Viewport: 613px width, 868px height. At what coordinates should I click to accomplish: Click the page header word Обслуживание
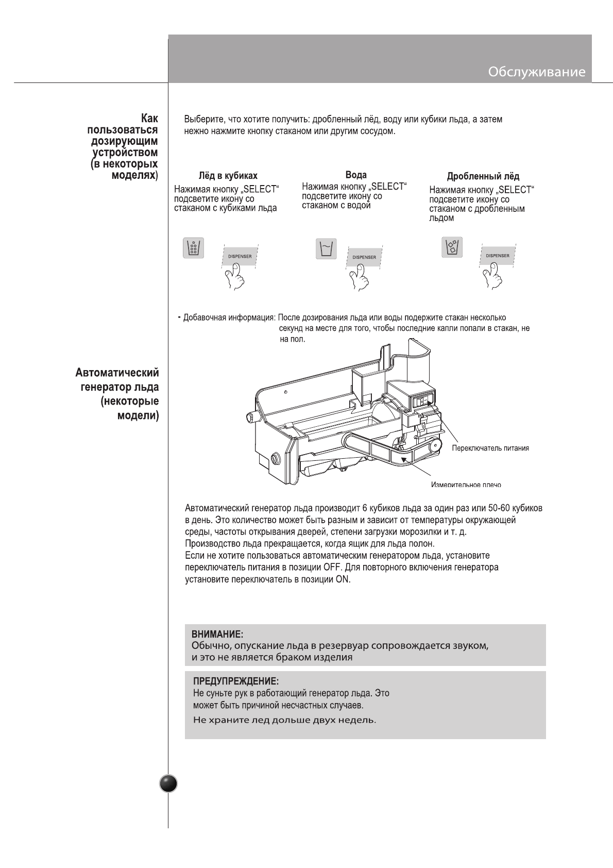click(536, 72)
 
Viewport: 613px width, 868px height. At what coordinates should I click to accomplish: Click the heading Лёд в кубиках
click(228, 175)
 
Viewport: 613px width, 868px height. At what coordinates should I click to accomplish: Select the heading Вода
click(356, 175)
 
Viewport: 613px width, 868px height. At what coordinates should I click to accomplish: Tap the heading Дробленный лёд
click(483, 176)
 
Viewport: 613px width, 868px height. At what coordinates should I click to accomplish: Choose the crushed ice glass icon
click(452, 247)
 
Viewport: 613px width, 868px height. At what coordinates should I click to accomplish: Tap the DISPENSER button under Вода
click(364, 257)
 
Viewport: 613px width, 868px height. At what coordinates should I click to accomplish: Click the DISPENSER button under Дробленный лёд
click(497, 256)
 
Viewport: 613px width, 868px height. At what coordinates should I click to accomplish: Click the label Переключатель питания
click(490, 448)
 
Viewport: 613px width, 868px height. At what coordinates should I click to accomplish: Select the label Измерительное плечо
click(465, 485)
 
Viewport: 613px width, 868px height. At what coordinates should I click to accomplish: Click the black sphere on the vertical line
click(168, 783)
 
